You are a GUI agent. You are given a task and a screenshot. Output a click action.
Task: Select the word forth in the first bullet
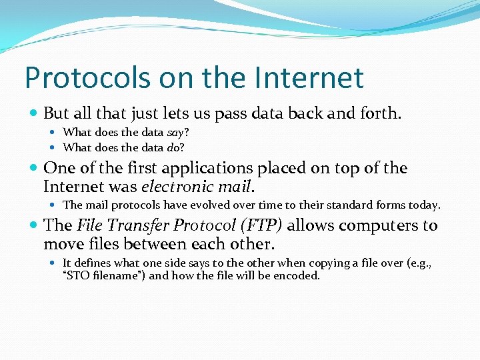[381, 114]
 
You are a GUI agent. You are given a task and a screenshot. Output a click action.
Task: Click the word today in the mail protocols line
[423, 205]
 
